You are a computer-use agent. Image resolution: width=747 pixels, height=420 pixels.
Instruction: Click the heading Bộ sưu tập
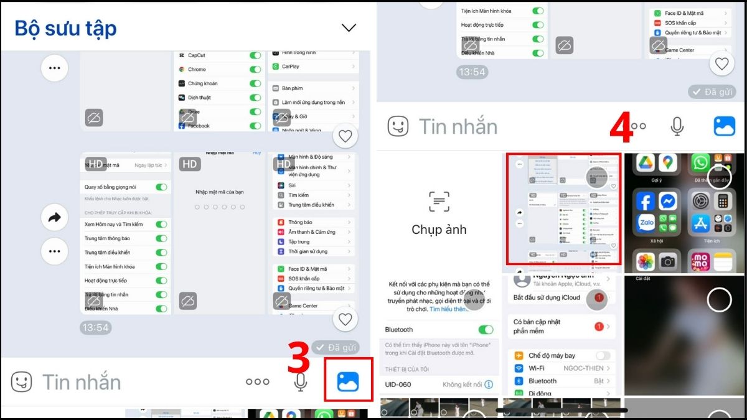pyautogui.click(x=65, y=28)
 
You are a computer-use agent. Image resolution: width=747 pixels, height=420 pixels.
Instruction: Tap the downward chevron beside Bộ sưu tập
pyautogui.click(x=349, y=27)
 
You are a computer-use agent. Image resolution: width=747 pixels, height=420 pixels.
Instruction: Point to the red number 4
pyautogui.click(x=621, y=128)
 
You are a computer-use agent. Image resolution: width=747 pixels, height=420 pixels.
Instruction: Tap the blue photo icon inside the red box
pyautogui.click(x=348, y=381)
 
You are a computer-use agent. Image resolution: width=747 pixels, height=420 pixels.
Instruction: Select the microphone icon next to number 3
pyautogui.click(x=301, y=382)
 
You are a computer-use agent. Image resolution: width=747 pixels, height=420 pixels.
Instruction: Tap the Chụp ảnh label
pyautogui.click(x=439, y=230)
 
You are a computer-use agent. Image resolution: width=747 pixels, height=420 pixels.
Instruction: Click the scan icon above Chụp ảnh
pyautogui.click(x=439, y=202)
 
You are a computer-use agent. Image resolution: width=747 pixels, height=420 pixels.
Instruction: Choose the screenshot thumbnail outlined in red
pyautogui.click(x=563, y=209)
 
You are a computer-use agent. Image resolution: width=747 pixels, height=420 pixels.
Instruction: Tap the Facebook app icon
pyautogui.click(x=646, y=202)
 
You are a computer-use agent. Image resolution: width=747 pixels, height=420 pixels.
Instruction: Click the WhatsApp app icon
pyautogui.click(x=701, y=163)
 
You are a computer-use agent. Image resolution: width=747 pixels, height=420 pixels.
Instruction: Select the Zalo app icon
pyautogui.click(x=646, y=223)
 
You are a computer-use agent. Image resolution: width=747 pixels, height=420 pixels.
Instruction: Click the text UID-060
pyautogui.click(x=398, y=385)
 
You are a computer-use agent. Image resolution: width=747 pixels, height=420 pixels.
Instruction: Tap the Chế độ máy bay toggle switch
pyautogui.click(x=603, y=355)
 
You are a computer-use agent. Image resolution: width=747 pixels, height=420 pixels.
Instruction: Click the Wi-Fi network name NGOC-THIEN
pyautogui.click(x=583, y=368)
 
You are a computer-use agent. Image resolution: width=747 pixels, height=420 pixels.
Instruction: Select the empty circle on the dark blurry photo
pyautogui.click(x=719, y=300)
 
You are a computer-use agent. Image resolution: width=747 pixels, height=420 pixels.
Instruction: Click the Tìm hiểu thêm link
pyautogui.click(x=450, y=309)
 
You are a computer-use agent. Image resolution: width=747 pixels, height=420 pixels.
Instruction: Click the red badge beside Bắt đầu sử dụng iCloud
pyautogui.click(x=599, y=297)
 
